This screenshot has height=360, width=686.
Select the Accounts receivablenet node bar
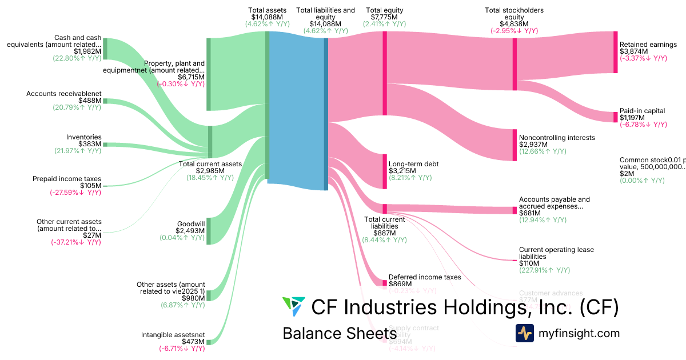105,101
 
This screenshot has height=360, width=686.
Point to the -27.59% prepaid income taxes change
75,193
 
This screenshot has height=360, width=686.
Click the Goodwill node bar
209,231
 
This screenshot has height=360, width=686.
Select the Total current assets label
210,163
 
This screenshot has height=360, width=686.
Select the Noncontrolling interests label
557,138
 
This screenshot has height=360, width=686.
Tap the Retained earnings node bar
615,52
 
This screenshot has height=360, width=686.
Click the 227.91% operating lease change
544,270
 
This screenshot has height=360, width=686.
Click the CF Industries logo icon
294,307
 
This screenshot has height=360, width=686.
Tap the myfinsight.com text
579,333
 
